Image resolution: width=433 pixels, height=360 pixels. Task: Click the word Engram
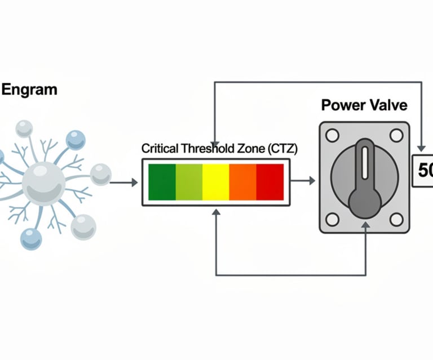[29, 90]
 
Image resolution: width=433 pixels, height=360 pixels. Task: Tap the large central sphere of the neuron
[44, 182]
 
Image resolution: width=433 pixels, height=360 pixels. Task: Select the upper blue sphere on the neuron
[75, 140]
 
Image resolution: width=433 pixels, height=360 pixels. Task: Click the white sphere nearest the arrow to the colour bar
[100, 174]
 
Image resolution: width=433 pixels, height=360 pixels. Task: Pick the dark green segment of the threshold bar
[162, 181]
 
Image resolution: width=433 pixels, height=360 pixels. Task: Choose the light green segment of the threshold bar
[189, 181]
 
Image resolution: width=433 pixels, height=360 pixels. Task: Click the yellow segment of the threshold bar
[216, 181]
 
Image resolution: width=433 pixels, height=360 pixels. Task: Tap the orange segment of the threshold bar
[243, 181]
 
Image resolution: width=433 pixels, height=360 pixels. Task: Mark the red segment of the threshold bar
[270, 181]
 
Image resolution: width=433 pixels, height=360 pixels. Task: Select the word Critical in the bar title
[160, 149]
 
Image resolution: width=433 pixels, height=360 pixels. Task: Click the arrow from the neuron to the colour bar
[123, 182]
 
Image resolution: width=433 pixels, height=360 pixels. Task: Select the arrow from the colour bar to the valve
[304, 181]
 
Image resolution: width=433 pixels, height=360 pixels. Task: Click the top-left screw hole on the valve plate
[332, 135]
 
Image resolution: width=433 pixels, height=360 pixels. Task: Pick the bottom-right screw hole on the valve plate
[396, 219]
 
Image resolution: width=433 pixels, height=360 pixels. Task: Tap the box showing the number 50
[423, 171]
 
